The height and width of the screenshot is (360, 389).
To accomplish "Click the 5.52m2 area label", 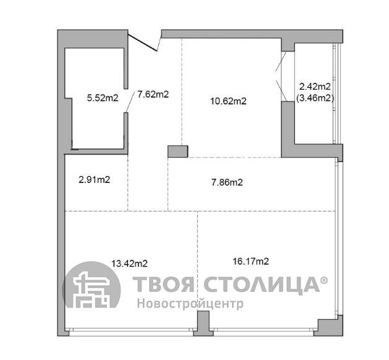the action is tap(103, 98).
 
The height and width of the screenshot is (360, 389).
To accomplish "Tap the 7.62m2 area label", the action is tap(153, 94).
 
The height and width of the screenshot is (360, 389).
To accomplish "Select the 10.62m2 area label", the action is tap(228, 101).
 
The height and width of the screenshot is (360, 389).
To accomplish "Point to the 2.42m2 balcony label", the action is tap(315, 87).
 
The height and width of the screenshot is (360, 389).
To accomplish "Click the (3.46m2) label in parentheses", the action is tap(315, 98).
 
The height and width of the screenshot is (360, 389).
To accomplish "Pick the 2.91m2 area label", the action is tap(94, 179).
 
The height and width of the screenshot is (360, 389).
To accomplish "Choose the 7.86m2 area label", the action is tap(227, 182).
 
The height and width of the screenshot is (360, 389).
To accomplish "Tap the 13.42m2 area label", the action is tap(129, 264).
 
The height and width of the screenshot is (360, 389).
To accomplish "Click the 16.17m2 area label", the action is tap(251, 261).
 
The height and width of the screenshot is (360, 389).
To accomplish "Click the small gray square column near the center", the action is tap(177, 152).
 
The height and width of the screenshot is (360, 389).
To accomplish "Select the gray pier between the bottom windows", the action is tap(203, 324).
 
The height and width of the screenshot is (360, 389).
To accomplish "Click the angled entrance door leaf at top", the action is tap(143, 43).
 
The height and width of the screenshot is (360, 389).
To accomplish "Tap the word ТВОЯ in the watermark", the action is tap(163, 284).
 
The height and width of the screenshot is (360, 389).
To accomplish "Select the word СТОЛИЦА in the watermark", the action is tap(262, 285).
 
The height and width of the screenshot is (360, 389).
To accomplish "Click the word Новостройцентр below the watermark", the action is tap(190, 304).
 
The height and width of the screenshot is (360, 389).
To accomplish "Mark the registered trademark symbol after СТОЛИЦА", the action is tap(324, 280).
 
